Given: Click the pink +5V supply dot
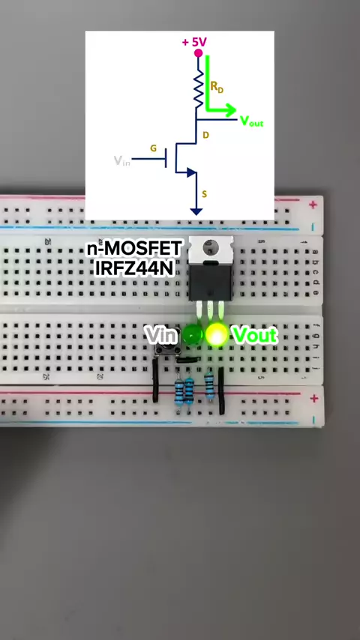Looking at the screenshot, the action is click(198, 53).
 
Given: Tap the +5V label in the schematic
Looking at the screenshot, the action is click(194, 42).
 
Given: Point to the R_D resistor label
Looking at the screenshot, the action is click(217, 87).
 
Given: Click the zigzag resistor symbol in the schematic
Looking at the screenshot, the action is click(199, 89).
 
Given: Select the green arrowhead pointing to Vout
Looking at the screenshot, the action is click(229, 110).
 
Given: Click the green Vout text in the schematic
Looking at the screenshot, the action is click(251, 121).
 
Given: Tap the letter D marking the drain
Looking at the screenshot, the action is click(205, 135).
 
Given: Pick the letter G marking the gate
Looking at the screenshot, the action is click(153, 148).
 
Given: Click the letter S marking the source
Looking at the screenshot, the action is click(204, 195).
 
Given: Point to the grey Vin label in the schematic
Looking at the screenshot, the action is click(122, 161).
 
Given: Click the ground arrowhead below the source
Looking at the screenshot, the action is click(196, 211).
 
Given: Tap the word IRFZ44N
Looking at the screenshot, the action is click(135, 268).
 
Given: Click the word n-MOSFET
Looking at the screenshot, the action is click(134, 249).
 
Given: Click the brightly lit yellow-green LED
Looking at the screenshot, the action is click(217, 334).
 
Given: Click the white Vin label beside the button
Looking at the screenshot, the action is click(162, 335).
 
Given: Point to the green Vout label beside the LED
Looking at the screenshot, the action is click(255, 335).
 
